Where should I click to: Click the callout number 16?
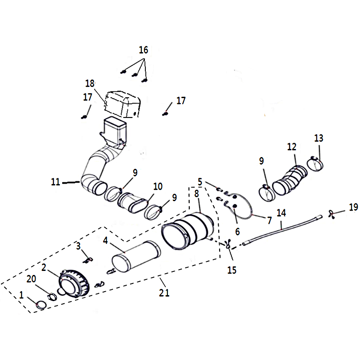(144, 50)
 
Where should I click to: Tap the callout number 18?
(90, 83)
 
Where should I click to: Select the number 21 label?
(164, 293)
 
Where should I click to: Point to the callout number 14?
(281, 213)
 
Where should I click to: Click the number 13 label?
(319, 138)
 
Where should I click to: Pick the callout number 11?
(55, 182)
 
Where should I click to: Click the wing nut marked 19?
(331, 214)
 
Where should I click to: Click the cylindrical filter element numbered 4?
(136, 256)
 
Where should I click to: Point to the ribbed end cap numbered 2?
(74, 284)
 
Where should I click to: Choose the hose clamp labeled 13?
(315, 163)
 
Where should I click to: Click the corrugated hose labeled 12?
(290, 180)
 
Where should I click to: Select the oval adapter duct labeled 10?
(133, 202)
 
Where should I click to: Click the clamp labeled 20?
(52, 297)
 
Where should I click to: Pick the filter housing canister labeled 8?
(188, 231)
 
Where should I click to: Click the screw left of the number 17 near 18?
(84, 117)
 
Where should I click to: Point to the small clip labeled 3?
(88, 260)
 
